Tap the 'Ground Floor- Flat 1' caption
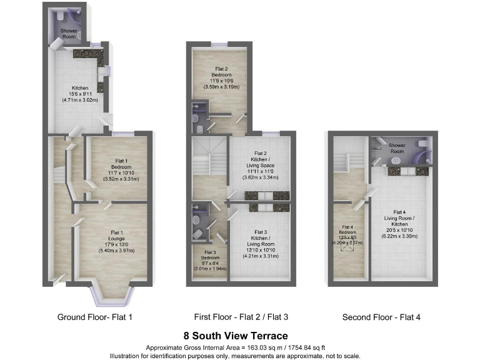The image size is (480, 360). tap(94, 317)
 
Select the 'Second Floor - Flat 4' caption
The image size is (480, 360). tap(381, 317)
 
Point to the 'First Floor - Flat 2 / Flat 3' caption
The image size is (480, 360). tap(239, 317)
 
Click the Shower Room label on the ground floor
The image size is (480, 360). tap(68, 34)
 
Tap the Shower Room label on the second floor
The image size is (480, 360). tap(397, 148)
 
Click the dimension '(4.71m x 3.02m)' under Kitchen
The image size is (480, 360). tap(80, 100)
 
